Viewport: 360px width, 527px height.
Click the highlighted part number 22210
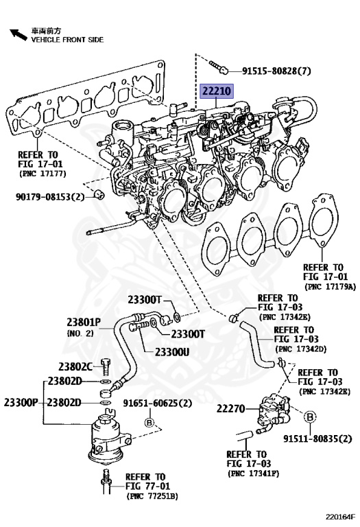coord(217,91)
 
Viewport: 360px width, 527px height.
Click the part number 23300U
coord(171,351)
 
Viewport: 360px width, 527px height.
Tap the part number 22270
coord(231,408)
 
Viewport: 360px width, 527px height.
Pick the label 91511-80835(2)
coord(317,438)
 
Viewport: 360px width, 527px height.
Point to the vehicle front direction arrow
coord(14,33)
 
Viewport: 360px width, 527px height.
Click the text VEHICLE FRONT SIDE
coord(67,40)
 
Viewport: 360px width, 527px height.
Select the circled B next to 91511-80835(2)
coord(309,417)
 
